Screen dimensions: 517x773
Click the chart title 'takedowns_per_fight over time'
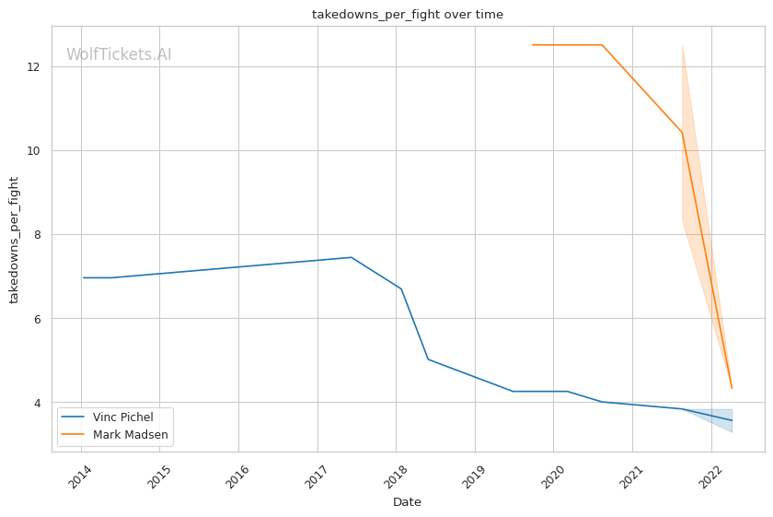(x=408, y=15)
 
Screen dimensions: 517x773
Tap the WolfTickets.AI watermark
(x=119, y=54)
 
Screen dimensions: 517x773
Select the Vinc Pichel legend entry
(x=123, y=417)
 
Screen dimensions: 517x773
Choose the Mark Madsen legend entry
(x=131, y=434)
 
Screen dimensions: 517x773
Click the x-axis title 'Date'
(x=407, y=502)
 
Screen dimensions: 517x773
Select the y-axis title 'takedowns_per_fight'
(x=15, y=239)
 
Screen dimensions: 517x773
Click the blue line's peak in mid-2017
(x=351, y=257)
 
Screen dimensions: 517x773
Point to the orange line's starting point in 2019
(x=532, y=44)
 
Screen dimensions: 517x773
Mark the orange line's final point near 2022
(x=732, y=388)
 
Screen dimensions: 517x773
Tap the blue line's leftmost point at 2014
(x=84, y=277)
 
